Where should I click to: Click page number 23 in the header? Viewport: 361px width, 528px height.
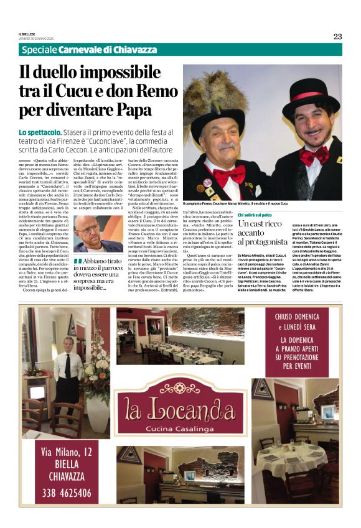click(x=337, y=36)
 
